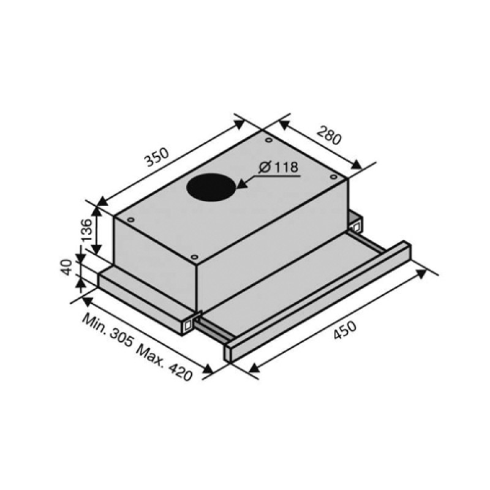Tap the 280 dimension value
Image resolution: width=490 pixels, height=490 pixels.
(x=329, y=135)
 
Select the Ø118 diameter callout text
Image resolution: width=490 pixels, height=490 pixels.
(x=279, y=167)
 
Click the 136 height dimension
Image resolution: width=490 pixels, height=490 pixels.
(x=86, y=230)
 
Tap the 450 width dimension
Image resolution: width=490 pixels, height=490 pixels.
(x=345, y=330)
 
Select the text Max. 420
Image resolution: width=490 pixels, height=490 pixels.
(x=164, y=363)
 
